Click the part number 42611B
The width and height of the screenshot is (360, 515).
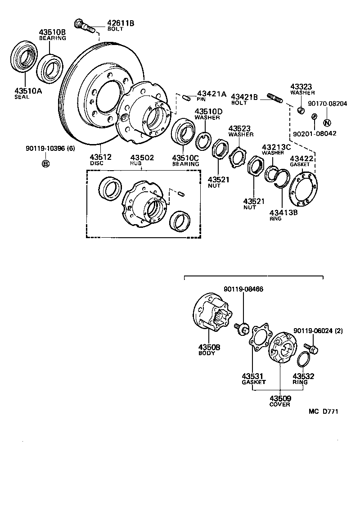pyautogui.click(x=120, y=23)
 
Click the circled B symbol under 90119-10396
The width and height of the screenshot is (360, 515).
pyautogui.click(x=45, y=163)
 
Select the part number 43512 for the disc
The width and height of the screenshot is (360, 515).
pyautogui.click(x=100, y=157)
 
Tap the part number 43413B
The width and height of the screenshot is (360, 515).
pyautogui.click(x=283, y=212)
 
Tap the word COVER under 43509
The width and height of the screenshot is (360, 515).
pyautogui.click(x=279, y=404)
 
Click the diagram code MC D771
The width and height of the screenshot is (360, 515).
pyautogui.click(x=323, y=411)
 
